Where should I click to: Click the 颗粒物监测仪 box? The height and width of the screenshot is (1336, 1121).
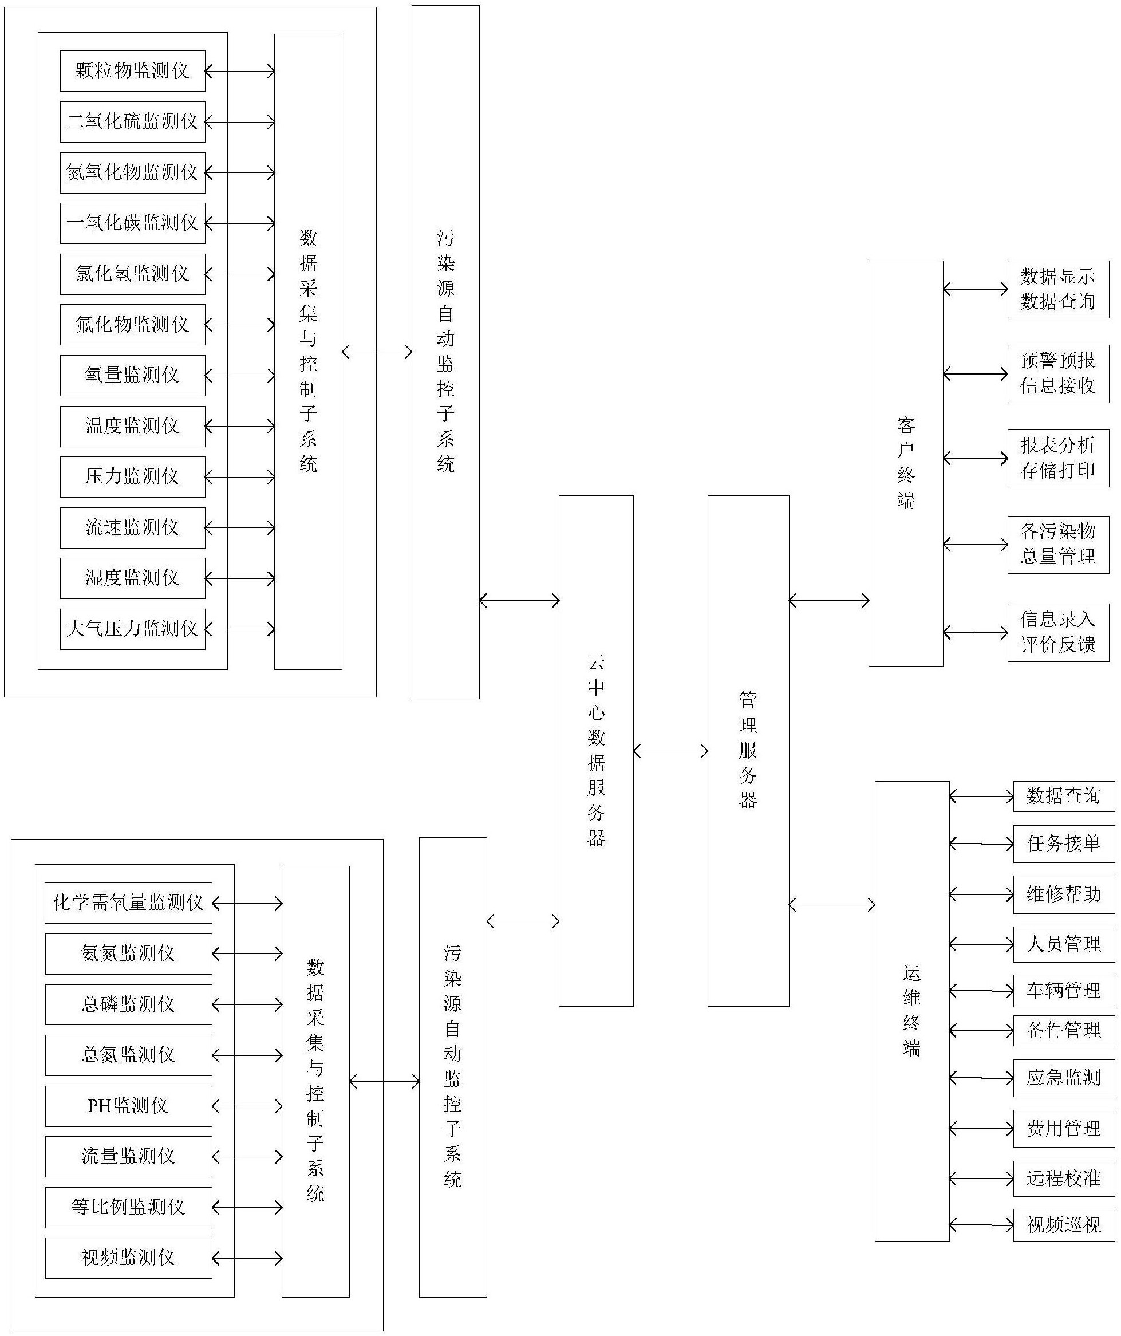[x=132, y=70]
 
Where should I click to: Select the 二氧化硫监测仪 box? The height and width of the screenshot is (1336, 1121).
[x=132, y=121]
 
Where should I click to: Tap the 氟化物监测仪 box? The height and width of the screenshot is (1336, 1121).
[x=132, y=325]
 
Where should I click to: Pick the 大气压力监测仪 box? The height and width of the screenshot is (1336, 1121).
[x=132, y=629]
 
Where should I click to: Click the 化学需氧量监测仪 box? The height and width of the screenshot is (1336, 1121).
[x=128, y=903]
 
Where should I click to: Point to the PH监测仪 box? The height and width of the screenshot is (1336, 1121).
[x=128, y=1106]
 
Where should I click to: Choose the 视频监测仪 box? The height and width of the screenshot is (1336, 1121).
[x=128, y=1258]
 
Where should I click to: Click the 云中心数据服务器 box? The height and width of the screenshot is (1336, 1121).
[x=596, y=751]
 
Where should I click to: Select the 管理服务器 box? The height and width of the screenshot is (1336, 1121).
[x=748, y=751]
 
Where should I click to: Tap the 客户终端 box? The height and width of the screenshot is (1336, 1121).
[x=906, y=463]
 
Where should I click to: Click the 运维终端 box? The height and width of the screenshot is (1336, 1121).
[x=911, y=1011]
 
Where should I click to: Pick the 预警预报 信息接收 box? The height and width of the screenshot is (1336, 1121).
[x=1058, y=374]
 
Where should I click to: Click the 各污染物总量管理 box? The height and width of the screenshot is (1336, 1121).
[x=1058, y=545]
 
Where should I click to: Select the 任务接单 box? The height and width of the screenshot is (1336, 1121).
[x=1064, y=844]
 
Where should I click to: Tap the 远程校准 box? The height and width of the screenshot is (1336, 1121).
[x=1064, y=1178]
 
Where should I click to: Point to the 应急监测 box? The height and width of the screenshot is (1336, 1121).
[x=1064, y=1078]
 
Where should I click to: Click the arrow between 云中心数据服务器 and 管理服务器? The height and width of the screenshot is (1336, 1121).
[x=670, y=751]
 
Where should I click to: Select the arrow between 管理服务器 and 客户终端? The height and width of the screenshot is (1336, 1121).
[x=829, y=600]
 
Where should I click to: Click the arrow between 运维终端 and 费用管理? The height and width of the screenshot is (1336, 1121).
[x=981, y=1129]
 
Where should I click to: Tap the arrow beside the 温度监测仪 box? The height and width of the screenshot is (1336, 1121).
[x=240, y=427]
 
